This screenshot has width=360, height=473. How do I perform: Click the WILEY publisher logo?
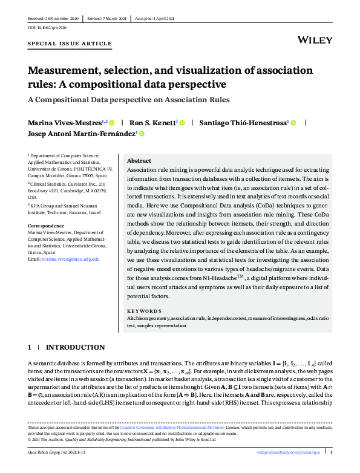[x=315, y=41]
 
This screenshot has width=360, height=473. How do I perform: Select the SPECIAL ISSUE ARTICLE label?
[x=70, y=44]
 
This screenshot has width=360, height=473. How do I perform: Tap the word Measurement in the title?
[x=70, y=71]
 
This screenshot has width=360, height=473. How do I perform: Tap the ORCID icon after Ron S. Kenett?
[x=182, y=122]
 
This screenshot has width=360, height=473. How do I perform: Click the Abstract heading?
[x=139, y=161]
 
